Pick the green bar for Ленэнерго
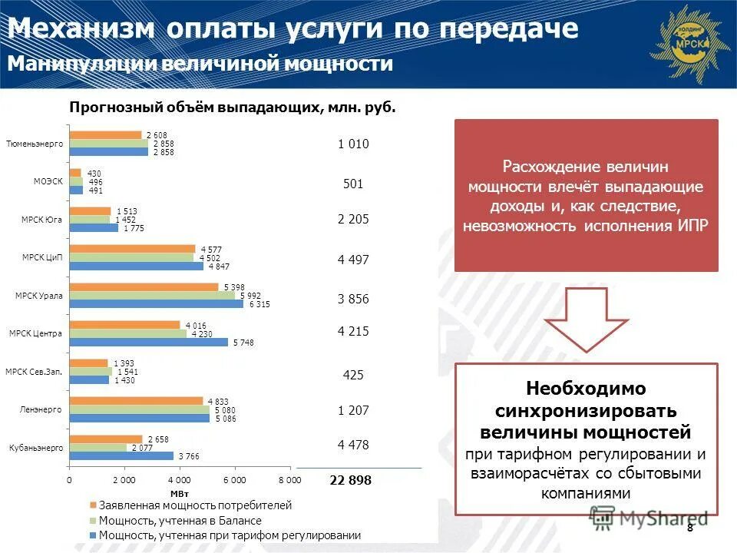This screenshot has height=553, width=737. click(x=139, y=409)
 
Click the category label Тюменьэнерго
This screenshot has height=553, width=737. click(x=34, y=144)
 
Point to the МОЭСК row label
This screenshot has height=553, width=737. click(x=48, y=181)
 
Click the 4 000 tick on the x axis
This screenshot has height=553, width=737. click(x=179, y=480)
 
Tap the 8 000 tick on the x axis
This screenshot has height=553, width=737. click(x=289, y=480)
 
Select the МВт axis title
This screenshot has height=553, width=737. click(x=179, y=493)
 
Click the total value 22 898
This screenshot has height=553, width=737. click(x=350, y=480)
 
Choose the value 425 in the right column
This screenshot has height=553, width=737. click(x=353, y=376)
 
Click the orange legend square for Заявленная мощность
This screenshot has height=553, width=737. click(x=93, y=506)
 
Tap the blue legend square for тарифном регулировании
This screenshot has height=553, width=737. click(x=93, y=535)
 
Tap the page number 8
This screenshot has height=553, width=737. click(x=689, y=527)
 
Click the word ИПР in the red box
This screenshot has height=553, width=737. click(x=693, y=226)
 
